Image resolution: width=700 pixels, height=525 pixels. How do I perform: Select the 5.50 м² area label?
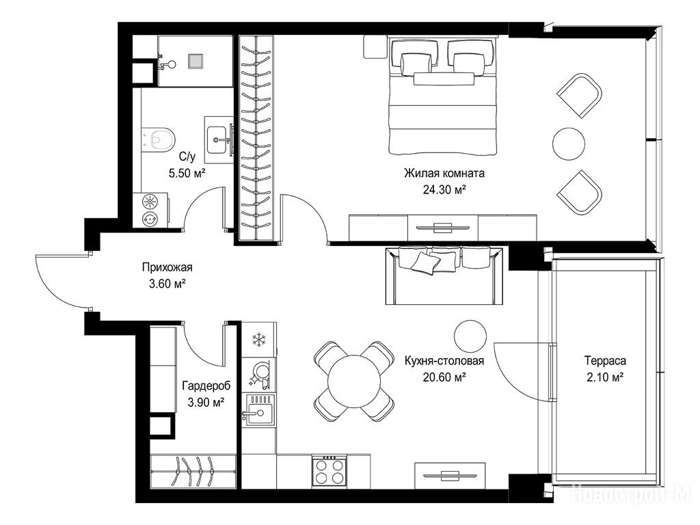pos(187,173)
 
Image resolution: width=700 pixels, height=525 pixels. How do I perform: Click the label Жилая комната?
pos(444,173)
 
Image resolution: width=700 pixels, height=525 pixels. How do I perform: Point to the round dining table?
pos(354,381)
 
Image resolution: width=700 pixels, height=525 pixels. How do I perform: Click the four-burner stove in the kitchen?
pos(329,472)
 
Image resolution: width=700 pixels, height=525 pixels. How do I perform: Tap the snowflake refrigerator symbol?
pos(258,339)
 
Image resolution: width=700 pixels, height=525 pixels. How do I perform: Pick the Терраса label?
pos(606,360)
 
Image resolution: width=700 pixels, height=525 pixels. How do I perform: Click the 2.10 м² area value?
pos(605,377)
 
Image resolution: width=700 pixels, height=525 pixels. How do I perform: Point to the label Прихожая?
pos(167,267)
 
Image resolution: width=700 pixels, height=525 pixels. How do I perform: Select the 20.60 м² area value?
pos(444,377)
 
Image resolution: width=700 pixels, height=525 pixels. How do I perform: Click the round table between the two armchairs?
pos(568,144)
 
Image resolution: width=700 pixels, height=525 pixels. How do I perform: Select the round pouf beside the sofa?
pos(470,336)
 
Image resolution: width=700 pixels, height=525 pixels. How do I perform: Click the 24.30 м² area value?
pos(444,191)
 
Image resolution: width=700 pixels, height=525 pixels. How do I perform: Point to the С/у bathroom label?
pos(187,157)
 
